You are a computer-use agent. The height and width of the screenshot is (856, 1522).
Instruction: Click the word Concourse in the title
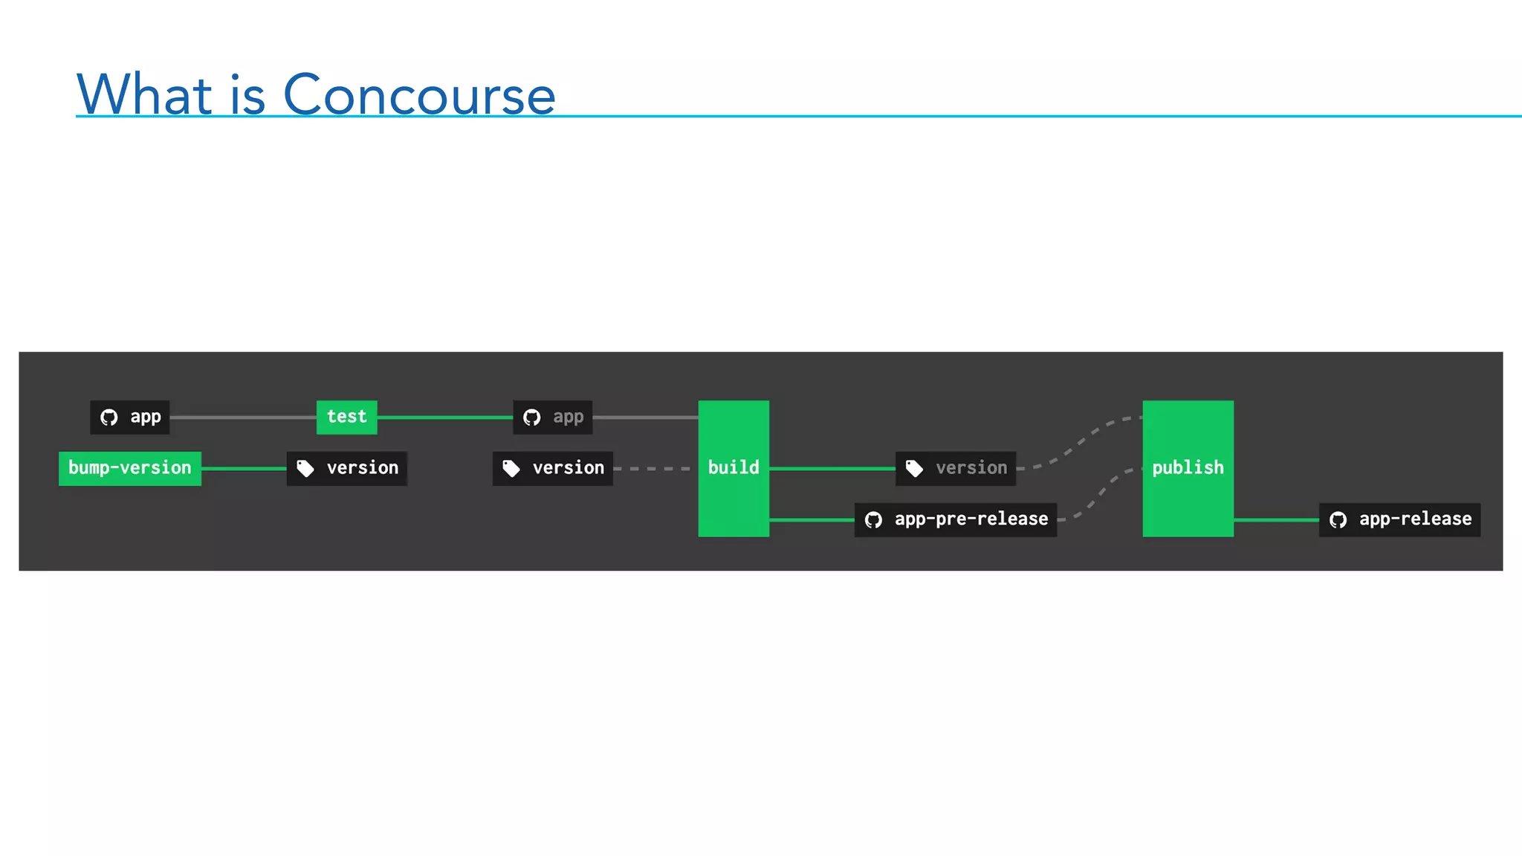[419, 95]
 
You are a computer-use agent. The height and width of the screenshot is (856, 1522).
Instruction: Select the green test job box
[346, 417]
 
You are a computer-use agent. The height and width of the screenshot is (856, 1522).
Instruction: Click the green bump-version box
[130, 468]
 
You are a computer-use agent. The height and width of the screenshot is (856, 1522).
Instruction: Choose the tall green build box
[734, 468]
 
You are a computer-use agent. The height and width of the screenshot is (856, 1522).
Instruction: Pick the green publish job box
[1188, 468]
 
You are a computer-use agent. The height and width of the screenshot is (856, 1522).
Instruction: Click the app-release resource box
[1399, 519]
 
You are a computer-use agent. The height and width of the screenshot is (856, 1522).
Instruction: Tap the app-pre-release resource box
[956, 519]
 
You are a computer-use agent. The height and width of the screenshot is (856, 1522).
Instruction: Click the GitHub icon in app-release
[1338, 519]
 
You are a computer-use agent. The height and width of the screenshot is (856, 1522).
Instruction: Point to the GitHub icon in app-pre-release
[873, 519]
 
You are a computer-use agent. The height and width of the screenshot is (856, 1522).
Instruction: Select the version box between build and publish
[956, 468]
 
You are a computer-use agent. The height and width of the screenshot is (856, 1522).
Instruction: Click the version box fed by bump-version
[347, 468]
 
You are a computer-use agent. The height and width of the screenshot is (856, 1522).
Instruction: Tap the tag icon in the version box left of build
[511, 468]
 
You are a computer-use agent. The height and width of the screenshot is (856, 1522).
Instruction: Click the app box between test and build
[553, 417]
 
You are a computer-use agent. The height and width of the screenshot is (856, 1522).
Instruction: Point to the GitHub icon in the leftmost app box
[109, 417]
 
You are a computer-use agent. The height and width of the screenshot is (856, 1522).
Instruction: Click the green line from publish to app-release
[1276, 519]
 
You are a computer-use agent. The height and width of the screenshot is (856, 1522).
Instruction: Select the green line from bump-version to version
[244, 468]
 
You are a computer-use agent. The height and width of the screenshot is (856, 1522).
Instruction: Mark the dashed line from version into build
[654, 469]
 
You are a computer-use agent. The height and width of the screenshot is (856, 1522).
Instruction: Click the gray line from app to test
[243, 418]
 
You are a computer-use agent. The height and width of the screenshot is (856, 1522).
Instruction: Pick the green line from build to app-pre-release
[812, 519]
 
